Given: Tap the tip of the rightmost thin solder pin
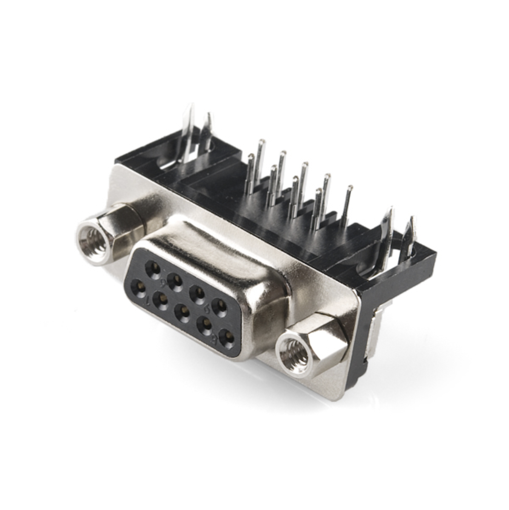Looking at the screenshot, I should click(350, 188).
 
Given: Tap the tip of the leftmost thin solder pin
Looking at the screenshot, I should click(251, 158).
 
